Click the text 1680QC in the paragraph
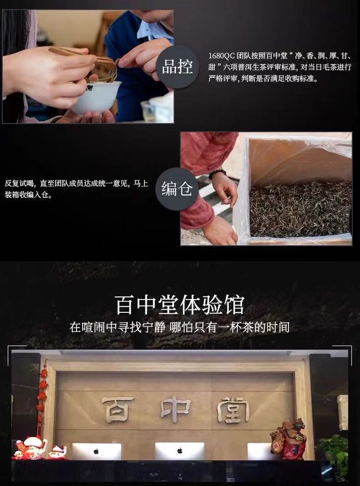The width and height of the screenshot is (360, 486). point(221,56)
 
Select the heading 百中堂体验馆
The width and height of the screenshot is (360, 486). point(180,305)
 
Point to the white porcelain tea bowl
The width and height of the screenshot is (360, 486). point(96,97)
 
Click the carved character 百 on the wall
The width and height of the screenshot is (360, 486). point(117,409)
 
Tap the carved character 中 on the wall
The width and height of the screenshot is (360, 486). point(176,409)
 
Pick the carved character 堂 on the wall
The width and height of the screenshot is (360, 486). point(233,409)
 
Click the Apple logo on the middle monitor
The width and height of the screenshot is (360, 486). point(180,450)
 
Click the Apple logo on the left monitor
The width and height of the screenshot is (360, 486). point(96,451)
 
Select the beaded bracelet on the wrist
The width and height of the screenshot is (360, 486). point(217,174)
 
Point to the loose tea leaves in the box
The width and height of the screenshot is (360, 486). point(300,209)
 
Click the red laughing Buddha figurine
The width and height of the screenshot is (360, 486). point(288,440)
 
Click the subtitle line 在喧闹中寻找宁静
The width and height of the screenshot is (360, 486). point(117,327)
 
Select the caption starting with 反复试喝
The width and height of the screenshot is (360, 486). point(76,189)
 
